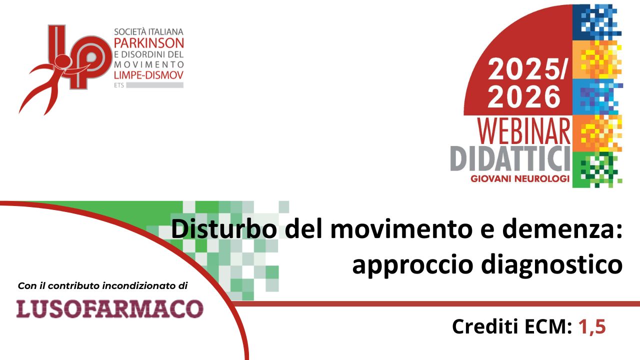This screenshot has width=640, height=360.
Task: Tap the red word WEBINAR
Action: coord(523,131)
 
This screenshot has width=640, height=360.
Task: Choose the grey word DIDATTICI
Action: coord(510,158)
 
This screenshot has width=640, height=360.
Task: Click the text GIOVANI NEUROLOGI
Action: coord(520,179)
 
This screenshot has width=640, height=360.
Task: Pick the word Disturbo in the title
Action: coord(224,230)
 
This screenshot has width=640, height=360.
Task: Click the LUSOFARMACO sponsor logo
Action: coord(109,308)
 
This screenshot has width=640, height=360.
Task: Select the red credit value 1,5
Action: coord(592,326)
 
